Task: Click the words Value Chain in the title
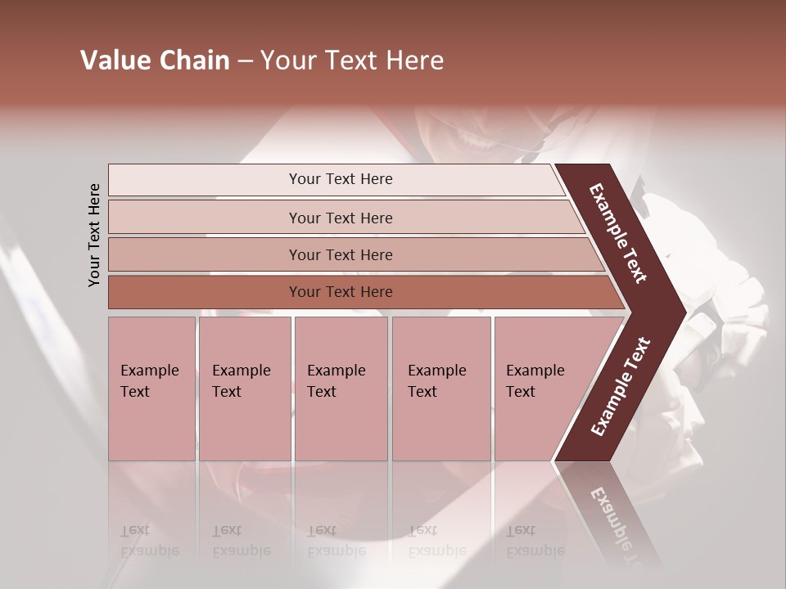155,61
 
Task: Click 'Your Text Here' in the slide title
352,61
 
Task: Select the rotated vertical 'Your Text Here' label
95,235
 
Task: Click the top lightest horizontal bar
340,179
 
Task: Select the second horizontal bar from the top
340,218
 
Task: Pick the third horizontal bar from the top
340,254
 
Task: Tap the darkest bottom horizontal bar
340,292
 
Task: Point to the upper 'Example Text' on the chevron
618,233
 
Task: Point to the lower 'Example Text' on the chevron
621,386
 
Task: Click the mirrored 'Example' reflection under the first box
149,551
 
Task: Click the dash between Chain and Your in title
245,61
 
